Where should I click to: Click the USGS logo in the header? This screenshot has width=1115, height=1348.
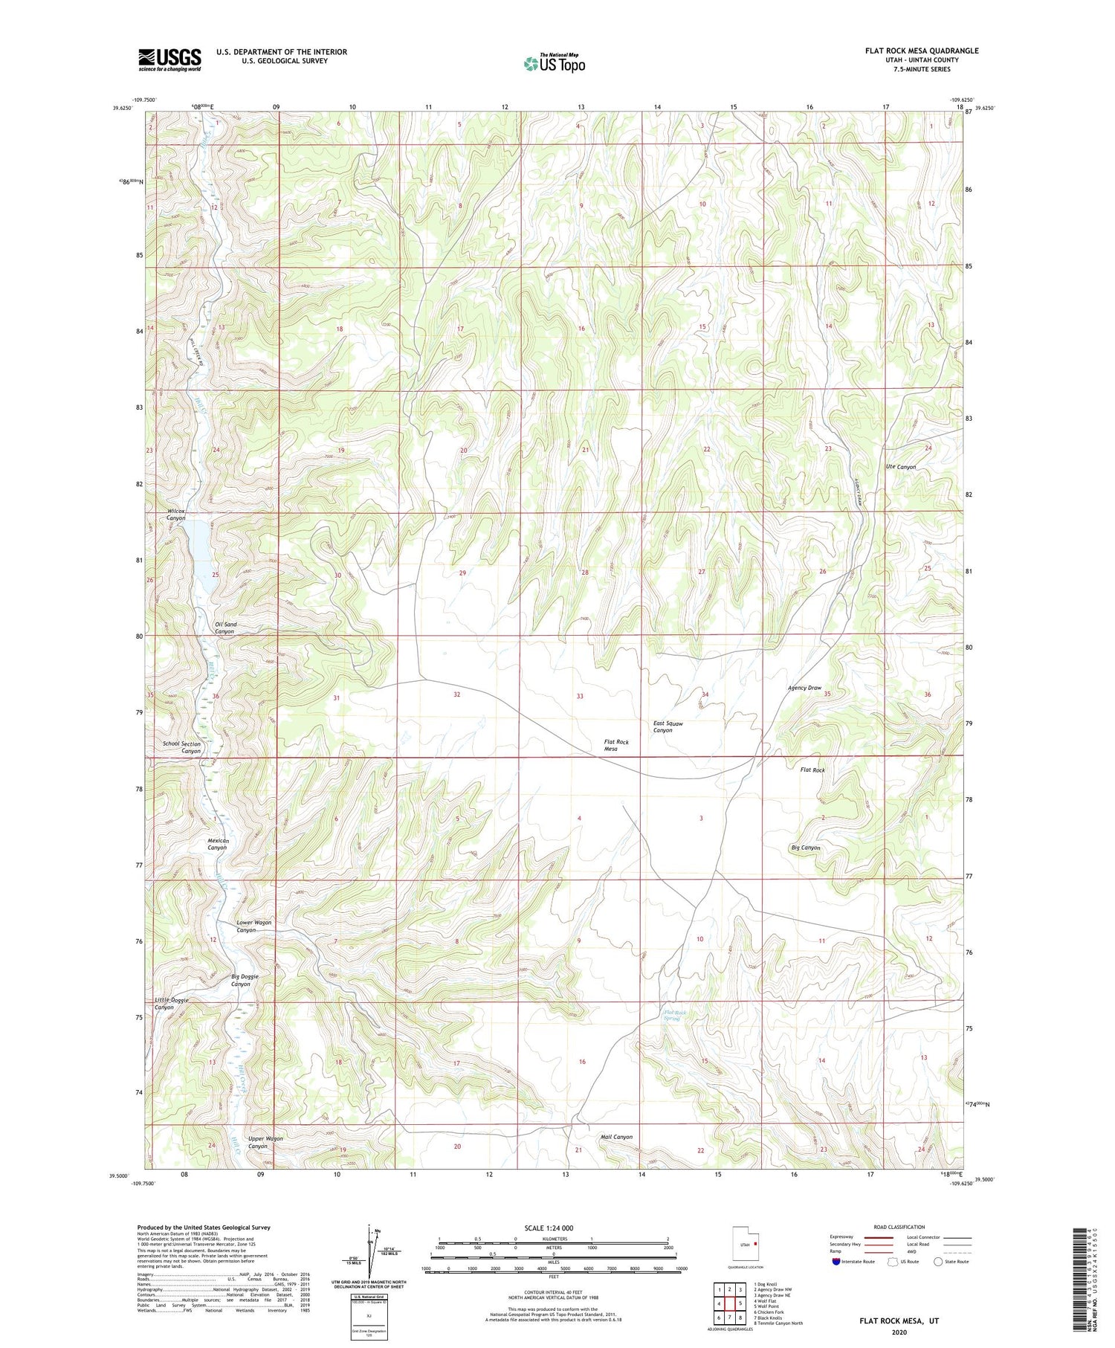[x=169, y=59]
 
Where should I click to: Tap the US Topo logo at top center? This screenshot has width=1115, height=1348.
[x=555, y=63]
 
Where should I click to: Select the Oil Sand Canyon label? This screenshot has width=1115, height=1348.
[x=225, y=628]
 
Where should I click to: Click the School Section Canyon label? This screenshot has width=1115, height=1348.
[x=182, y=747]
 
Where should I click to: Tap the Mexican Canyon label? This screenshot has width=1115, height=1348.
[x=217, y=844]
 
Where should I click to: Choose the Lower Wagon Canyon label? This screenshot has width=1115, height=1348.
[x=253, y=926]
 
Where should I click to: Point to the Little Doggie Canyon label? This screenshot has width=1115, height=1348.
[x=172, y=1004]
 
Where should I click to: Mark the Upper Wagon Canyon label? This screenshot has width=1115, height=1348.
[x=265, y=1142]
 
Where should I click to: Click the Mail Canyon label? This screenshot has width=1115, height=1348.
[x=616, y=1137]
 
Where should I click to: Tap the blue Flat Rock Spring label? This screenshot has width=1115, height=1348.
[x=675, y=1016]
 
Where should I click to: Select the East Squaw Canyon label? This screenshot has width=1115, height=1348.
[x=668, y=726]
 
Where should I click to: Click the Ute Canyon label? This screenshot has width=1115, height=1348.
[x=900, y=467]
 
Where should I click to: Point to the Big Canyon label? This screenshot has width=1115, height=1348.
[x=805, y=848]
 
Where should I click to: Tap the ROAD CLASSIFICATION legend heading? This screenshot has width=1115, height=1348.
[x=899, y=1227]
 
